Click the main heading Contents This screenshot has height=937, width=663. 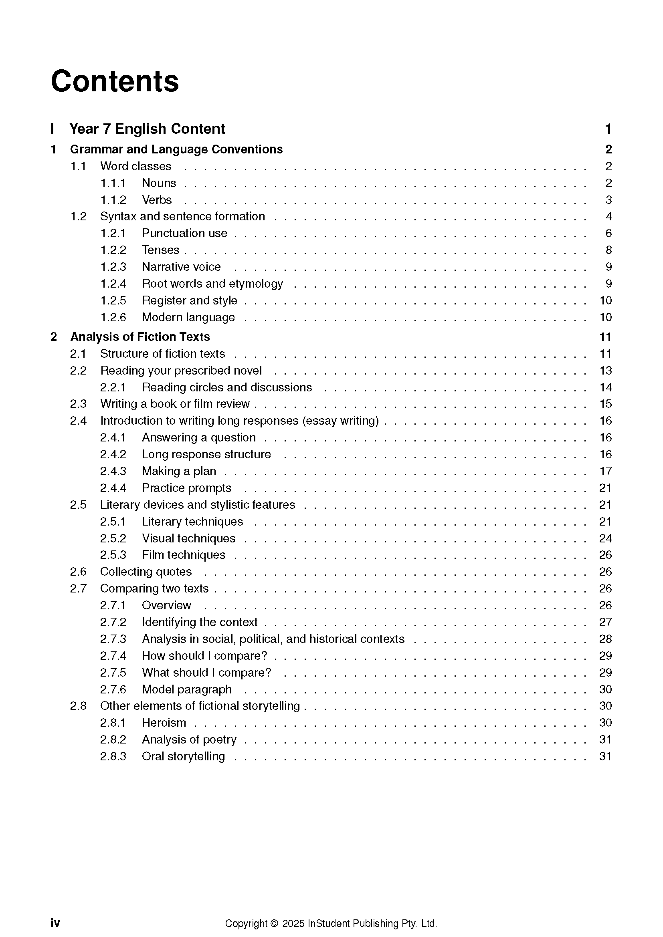point(115,81)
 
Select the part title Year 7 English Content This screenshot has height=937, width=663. point(147,129)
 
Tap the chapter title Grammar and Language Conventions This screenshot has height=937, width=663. point(176,149)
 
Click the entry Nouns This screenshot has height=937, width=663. point(159,183)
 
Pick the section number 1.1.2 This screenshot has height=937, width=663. point(113,200)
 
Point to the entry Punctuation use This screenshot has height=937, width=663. point(184,233)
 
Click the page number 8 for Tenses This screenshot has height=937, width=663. point(608,250)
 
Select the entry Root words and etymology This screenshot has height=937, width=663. point(212,284)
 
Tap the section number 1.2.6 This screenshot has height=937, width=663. point(113,317)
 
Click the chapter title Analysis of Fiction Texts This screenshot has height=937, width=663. point(139,337)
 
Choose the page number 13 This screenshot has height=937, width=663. point(605,371)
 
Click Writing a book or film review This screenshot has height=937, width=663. point(175,404)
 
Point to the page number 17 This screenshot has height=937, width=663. point(605,472)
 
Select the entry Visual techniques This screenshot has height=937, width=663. point(189,538)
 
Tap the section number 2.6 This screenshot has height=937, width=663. point(78,572)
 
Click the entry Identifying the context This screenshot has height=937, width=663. point(200,622)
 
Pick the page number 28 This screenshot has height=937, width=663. point(605,639)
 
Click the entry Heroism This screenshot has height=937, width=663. point(164,723)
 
